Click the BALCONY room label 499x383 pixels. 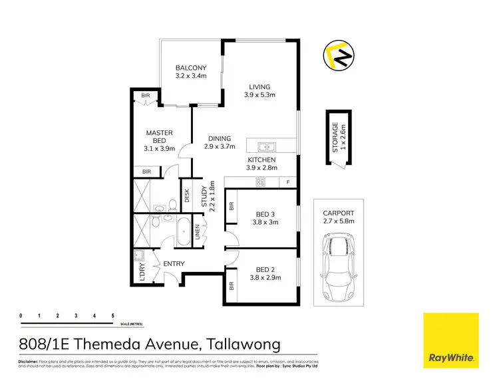point(191,68)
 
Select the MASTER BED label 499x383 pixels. point(160,137)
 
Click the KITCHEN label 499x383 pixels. point(261,160)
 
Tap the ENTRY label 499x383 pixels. point(174,264)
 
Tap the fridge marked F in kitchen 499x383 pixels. point(288,182)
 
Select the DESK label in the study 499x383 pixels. point(187,197)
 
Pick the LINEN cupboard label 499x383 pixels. point(198,233)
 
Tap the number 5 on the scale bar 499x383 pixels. point(113,315)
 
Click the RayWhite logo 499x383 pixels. point(452,339)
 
